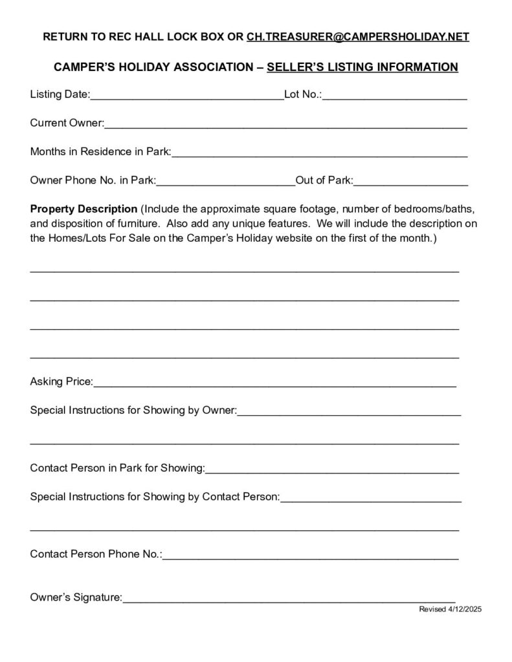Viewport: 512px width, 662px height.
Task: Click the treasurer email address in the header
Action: tap(358, 37)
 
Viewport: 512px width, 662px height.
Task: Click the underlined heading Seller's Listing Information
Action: tap(362, 67)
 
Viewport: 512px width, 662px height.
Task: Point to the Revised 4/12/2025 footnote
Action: tap(451, 610)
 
